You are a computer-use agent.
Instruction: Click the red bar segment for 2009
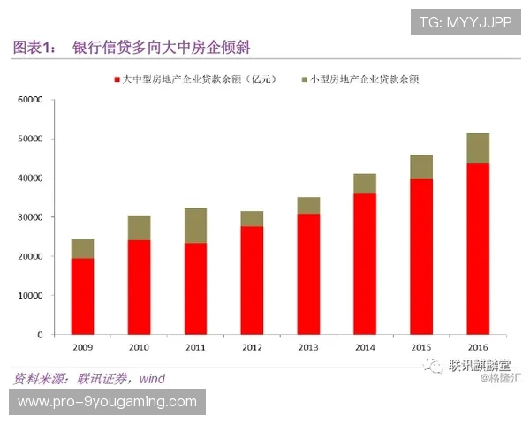[82, 296]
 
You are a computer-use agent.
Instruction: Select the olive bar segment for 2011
[195, 225]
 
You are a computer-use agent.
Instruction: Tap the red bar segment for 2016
[478, 248]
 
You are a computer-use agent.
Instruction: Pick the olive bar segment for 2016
[478, 148]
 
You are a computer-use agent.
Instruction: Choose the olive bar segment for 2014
[365, 183]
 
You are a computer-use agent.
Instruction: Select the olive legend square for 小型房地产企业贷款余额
[304, 79]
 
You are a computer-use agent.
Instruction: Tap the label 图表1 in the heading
[33, 46]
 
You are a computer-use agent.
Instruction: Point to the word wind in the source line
[150, 379]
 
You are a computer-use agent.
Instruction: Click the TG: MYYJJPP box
[466, 20]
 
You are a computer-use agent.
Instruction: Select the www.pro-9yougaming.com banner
[107, 402]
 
